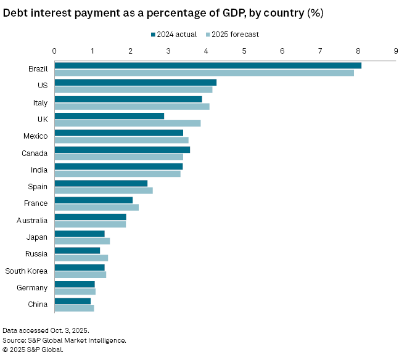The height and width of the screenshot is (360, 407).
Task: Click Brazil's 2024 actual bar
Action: coord(208,65)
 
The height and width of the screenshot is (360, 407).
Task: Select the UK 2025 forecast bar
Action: coord(128,123)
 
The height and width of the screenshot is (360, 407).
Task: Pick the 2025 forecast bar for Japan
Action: coord(82,241)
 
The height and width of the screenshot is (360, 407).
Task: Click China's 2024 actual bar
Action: coord(73,301)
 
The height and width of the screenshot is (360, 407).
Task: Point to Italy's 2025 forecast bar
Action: coord(132,106)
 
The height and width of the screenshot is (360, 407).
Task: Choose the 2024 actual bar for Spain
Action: coord(101,183)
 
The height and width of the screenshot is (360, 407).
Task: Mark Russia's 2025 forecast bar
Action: coord(81,258)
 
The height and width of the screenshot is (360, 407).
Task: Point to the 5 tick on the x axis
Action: coord(244,51)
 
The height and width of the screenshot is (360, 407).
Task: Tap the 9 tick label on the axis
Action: coord(395,51)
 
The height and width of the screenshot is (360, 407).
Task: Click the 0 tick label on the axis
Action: coord(55,51)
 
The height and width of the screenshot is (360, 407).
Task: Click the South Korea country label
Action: coord(26,271)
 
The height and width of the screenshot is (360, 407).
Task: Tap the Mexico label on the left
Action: coord(35,136)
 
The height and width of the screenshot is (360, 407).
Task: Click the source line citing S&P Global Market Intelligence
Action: coord(64,340)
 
